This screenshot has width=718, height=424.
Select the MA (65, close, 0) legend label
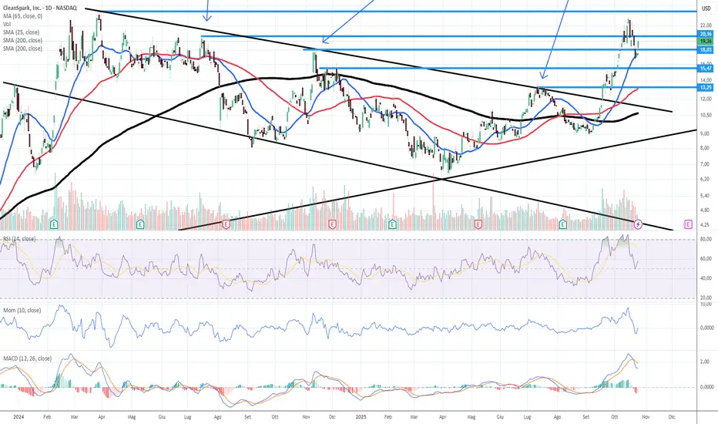[25, 16]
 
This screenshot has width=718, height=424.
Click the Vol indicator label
[6, 24]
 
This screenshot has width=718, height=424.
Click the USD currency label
[704, 8]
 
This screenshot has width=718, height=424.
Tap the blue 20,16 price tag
[705, 35]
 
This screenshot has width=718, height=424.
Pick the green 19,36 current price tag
[705, 42]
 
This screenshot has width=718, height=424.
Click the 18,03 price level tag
[705, 50]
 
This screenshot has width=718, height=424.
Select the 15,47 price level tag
[705, 69]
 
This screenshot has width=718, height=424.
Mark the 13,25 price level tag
[705, 87]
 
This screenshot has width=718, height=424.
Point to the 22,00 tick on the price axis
[705, 25]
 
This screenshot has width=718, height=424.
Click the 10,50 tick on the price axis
[705, 115]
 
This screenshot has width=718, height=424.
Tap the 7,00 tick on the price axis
[705, 164]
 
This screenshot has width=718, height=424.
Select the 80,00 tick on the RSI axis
[705, 240]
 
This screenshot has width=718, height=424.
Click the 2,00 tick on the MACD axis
[705, 361]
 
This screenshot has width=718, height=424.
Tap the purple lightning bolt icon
[639, 224]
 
